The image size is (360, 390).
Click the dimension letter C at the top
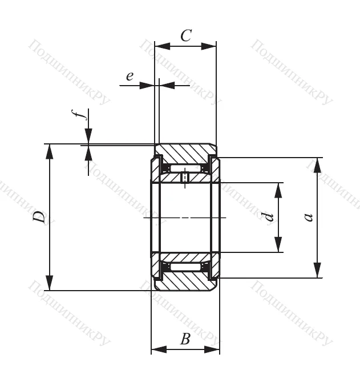click(x=186, y=35)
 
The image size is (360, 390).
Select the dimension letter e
click(x=130, y=76)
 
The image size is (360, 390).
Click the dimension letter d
click(x=268, y=217)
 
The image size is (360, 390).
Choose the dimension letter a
click(x=308, y=217)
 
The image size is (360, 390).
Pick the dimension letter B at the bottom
click(x=185, y=339)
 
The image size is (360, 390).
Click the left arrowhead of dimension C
click(x=163, y=46)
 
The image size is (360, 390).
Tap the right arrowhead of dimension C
click(x=208, y=46)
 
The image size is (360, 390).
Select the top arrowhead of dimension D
click(x=50, y=151)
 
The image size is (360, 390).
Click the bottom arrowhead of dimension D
click(x=50, y=283)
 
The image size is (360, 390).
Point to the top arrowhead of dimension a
click(x=317, y=165)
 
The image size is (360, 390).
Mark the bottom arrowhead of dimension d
click(x=278, y=244)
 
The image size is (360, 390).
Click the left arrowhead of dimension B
click(x=159, y=349)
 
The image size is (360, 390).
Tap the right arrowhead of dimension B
click(x=212, y=349)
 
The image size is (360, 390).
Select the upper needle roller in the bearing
click(x=185, y=168)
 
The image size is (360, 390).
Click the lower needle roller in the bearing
click(x=185, y=267)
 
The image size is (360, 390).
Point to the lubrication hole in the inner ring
click(x=185, y=178)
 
